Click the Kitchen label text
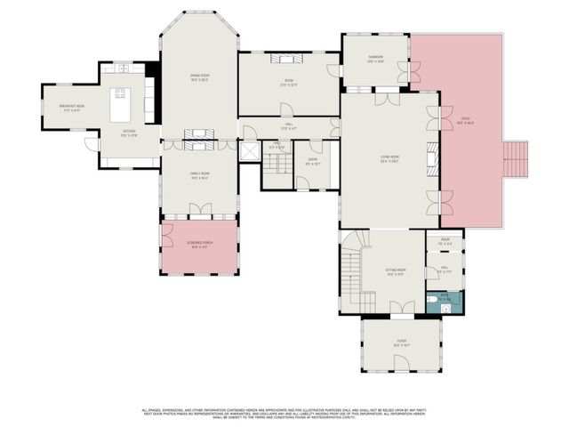(129, 134)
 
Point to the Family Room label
(198, 174)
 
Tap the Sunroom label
(375, 60)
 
